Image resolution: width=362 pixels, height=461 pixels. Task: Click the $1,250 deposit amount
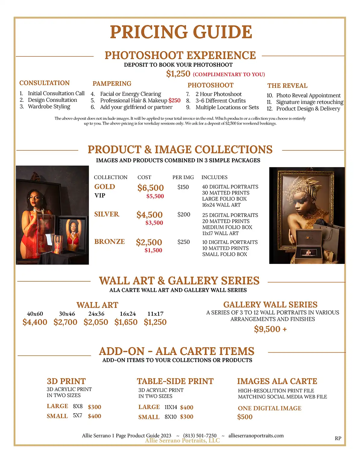[178, 74]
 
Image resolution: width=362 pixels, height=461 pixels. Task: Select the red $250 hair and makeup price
[174, 101]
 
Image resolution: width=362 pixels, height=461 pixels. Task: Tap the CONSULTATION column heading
[44, 83]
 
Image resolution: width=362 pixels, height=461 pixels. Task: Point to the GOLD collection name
[105, 187]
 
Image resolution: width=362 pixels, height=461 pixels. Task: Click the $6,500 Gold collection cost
[151, 188]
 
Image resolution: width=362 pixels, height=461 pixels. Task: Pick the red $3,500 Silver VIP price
[154, 223]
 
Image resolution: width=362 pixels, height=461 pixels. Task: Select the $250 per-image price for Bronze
[183, 242]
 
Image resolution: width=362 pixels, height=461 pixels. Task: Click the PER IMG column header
[183, 177]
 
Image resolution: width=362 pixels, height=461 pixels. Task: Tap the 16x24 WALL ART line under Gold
[221, 205]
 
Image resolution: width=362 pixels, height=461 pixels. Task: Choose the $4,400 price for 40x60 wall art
[35, 322]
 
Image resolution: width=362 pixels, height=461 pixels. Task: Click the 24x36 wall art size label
[96, 314]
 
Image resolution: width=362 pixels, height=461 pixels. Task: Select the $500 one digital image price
[245, 417]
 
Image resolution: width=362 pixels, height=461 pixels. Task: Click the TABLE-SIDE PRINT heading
[175, 381]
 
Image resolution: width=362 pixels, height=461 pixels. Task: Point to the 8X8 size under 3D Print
[78, 406]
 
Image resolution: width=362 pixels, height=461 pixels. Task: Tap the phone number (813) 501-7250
[200, 435]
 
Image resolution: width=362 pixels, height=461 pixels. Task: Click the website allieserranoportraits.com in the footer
[256, 435]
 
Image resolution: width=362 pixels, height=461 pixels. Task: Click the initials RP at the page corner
[338, 438]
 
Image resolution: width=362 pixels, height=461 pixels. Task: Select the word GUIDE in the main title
[223, 32]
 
